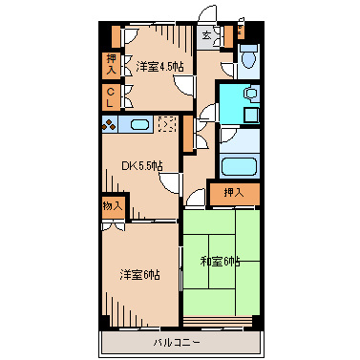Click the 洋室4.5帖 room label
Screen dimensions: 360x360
pos(159,66)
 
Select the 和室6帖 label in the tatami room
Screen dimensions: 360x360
pos(221,261)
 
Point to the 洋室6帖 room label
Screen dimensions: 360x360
pos(139,275)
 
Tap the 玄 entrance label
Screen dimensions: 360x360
pos(207,37)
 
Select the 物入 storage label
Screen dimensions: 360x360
pos(112,206)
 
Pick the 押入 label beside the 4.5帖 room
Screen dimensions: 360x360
pos(112,64)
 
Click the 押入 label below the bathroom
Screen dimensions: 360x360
pos(234,194)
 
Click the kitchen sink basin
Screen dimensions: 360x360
pos(138,124)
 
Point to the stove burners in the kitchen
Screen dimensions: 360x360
pos(110,124)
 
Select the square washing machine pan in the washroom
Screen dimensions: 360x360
pos(251,114)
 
